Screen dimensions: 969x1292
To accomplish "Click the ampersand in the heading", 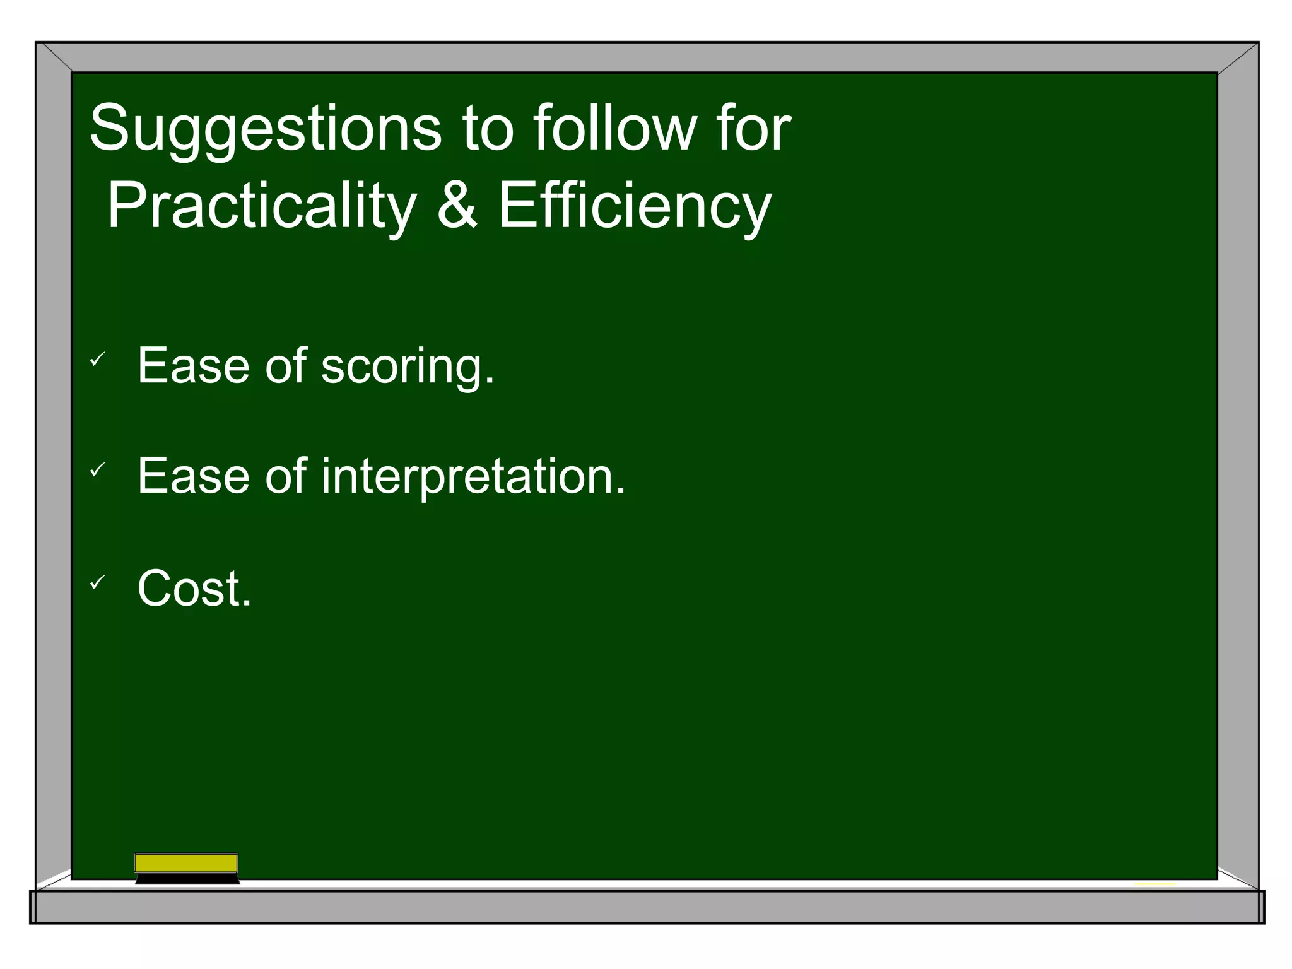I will (x=457, y=206).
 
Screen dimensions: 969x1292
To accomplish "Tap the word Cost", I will (x=189, y=589).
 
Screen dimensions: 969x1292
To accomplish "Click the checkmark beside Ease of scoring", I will (x=97, y=360).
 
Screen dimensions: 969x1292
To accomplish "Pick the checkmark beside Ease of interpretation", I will (x=97, y=469).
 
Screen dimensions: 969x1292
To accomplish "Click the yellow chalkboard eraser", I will (x=186, y=863).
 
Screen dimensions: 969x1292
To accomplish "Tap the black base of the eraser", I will (x=187, y=879).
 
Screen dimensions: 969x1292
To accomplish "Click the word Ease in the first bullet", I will (x=193, y=366).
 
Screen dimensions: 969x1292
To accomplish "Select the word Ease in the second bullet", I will (x=193, y=476).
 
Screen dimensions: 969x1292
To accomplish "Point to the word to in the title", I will (x=488, y=129).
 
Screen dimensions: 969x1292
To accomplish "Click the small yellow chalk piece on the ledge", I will (x=1155, y=884).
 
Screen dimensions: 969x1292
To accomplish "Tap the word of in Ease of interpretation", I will (x=285, y=476).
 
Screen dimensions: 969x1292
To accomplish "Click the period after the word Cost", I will (x=247, y=604).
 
